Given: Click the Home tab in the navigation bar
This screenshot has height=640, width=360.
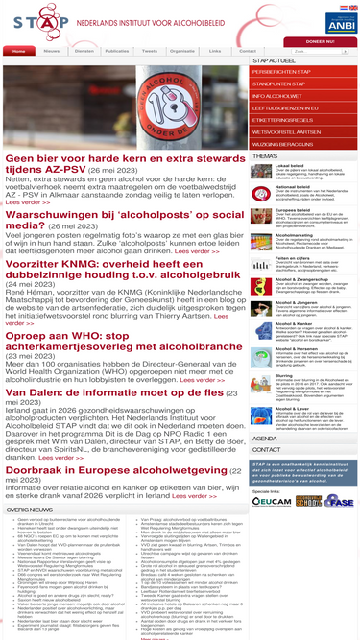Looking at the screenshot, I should (19, 51).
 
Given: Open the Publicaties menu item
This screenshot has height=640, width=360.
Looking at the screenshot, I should (116, 51).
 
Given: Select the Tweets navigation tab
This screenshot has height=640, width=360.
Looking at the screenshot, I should (149, 51).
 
